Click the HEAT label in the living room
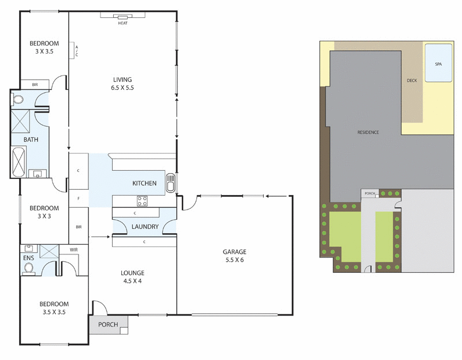pos(122,23)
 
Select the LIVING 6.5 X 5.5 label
pos(122,84)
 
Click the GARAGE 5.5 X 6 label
pos(234,256)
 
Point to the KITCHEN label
pos(144,183)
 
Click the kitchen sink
pos(170,185)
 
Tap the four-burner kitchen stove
pos(141,201)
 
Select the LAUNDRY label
pos(144,227)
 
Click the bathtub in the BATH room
pos(18,163)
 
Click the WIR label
pos(73,249)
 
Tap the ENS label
pos(28,258)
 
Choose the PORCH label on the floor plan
pos(108,325)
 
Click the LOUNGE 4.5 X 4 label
pos(133,277)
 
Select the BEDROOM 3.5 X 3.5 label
pos(54,308)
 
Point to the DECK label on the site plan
pos(412,81)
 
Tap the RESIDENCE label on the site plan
pos(368,133)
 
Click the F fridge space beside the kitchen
pos(78,198)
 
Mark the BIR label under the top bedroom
pos(35,85)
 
